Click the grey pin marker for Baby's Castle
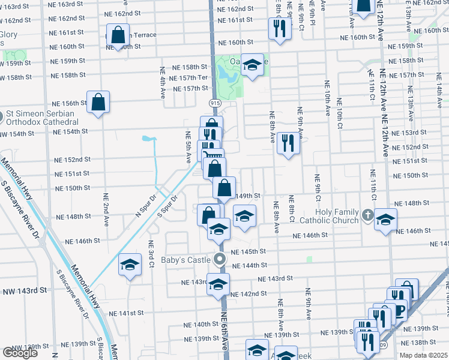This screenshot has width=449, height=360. tap(220, 260)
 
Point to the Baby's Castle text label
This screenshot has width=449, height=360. tap(186, 260)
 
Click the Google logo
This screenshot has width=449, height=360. tap(20, 353)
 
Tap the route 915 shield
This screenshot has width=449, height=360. tap(215, 103)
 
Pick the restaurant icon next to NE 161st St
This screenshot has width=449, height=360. tap(278, 29)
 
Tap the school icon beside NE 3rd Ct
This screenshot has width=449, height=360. tap(129, 265)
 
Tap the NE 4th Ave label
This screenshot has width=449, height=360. tap(163, 83)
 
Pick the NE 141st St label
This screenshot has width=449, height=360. tap(127, 313)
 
